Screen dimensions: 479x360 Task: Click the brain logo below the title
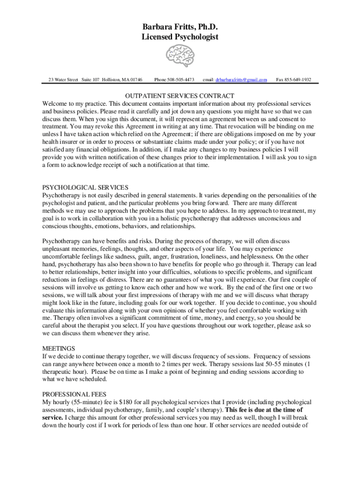tap(180, 56)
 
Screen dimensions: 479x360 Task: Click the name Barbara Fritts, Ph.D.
tap(180, 26)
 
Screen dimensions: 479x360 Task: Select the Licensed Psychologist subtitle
tap(180, 36)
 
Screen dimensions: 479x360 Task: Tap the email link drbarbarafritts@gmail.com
tap(241, 80)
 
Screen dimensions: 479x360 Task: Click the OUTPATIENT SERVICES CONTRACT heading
tap(180, 95)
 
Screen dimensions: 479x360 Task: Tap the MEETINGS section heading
tap(59, 348)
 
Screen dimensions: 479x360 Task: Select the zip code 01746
tap(136, 80)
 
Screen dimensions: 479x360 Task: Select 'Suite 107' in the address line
tap(90, 80)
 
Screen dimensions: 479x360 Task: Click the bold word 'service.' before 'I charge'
tap(53, 417)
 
